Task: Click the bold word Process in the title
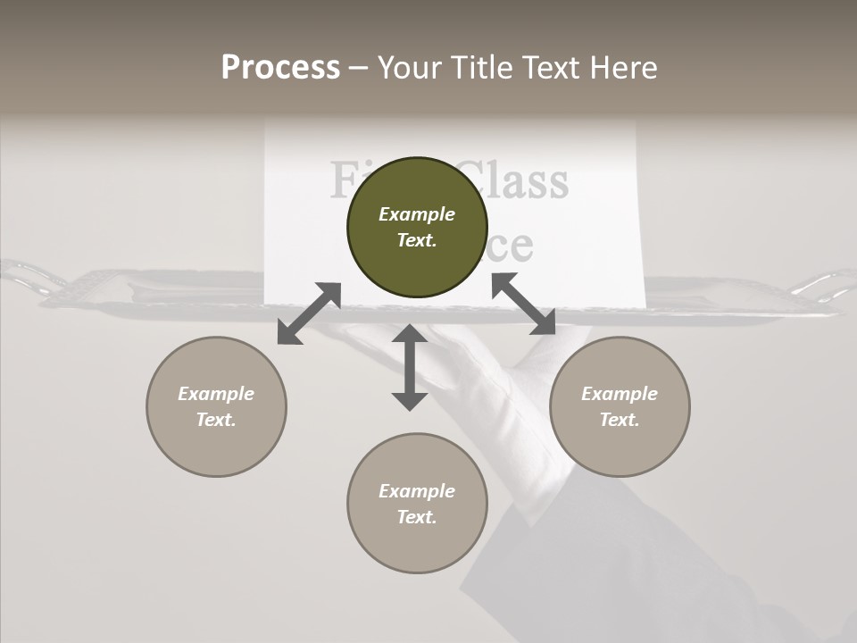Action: pyautogui.click(x=280, y=68)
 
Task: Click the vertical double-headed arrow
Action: pyautogui.click(x=410, y=368)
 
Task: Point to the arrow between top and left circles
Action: pyautogui.click(x=309, y=313)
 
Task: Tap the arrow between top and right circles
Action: pyautogui.click(x=524, y=304)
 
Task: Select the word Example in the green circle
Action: pyautogui.click(x=417, y=214)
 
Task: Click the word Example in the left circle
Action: pyautogui.click(x=216, y=394)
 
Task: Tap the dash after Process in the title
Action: pyautogui.click(x=359, y=69)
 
